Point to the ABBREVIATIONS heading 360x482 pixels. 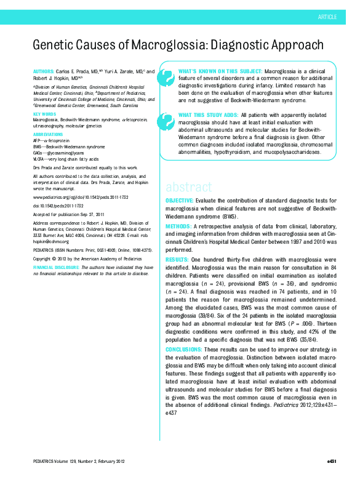click(48, 134)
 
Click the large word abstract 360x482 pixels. click(189, 187)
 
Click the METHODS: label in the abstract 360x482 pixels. click(179, 226)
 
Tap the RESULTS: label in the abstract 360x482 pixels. click(178, 260)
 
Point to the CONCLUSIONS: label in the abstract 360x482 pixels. click(185, 350)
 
